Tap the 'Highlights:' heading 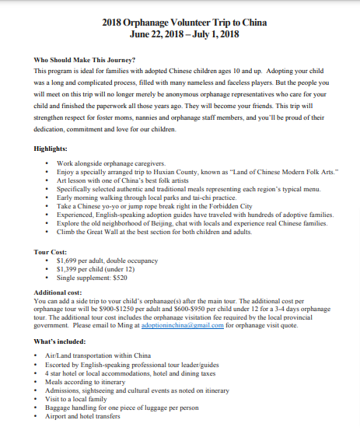point(51,147)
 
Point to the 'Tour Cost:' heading point(53,252)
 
